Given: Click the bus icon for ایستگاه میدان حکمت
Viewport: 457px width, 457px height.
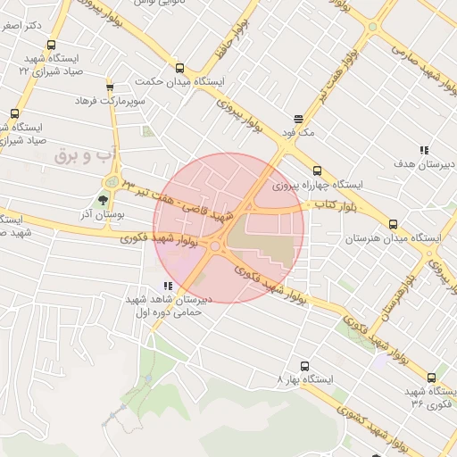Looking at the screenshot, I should point(179,68).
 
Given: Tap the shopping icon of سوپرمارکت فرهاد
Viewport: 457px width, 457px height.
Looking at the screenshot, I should point(110,87).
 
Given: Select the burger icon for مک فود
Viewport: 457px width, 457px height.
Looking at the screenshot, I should point(298,119).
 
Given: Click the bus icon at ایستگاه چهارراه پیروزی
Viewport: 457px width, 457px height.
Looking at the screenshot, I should point(317,170).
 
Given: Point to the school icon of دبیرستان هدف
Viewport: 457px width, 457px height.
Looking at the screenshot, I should point(424,150).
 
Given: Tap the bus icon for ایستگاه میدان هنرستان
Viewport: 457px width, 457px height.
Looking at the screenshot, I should point(393,225).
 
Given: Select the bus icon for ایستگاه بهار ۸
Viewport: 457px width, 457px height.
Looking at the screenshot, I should point(305,365).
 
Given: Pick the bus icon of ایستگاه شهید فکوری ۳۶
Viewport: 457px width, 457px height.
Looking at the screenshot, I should point(432,378).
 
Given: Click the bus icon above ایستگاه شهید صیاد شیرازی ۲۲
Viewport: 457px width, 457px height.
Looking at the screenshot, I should point(51,45).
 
